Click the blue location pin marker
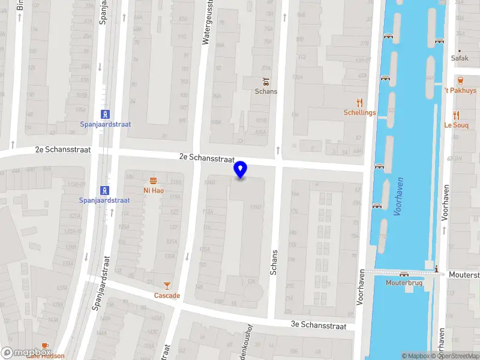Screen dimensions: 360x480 tap(241, 169)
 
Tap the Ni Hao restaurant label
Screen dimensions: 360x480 tap(154, 191)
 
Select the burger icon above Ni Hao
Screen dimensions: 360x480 tap(154, 181)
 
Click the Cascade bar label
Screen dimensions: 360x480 tap(167, 295)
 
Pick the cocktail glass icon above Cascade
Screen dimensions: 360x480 tap(167, 286)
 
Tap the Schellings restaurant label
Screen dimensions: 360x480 tap(359, 113)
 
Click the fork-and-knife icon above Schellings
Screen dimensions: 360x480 tap(359, 103)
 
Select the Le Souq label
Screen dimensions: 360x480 tap(456, 125)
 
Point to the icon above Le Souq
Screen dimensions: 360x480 tap(456, 115)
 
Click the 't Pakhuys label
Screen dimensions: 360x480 tap(460, 91)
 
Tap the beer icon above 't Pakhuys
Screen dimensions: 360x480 tap(460, 80)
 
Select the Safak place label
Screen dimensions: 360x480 tap(460, 59)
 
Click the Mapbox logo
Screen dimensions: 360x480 tap(26, 353)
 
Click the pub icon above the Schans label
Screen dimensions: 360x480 tap(266, 81)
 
